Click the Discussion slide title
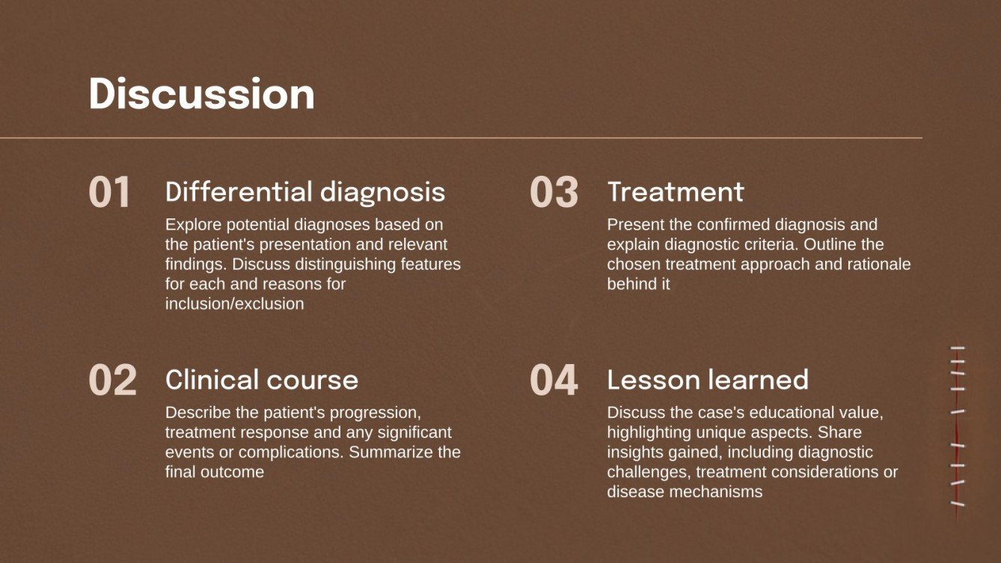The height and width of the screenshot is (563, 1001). pos(201,95)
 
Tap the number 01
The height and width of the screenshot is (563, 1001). pos(110,192)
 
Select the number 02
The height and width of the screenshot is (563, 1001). pos(113,380)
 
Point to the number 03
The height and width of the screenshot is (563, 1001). pos(554,192)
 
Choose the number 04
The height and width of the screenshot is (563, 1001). pos(554,380)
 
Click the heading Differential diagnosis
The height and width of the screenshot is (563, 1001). pos(304,192)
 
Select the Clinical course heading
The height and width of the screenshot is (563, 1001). pos(261,380)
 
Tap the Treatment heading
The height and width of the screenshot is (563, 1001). pos(675,192)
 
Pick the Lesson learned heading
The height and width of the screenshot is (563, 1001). pos(707,380)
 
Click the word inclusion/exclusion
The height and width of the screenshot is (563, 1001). pos(234,304)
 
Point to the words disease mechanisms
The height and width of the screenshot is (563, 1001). pos(685,492)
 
